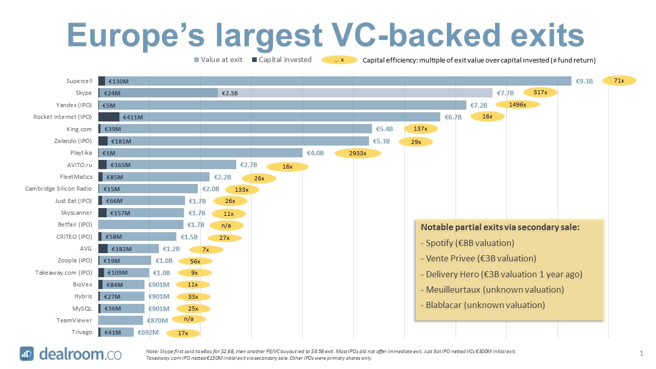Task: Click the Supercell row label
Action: click(x=79, y=81)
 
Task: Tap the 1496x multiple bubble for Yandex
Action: click(x=517, y=105)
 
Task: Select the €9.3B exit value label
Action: click(x=584, y=81)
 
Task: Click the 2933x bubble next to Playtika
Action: click(x=358, y=153)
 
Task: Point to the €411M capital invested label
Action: click(x=133, y=117)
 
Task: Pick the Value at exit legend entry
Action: click(x=218, y=59)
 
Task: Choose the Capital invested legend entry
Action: click(x=281, y=59)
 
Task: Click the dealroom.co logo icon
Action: click(x=27, y=354)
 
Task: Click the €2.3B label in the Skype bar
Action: click(x=229, y=93)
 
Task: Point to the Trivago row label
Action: click(x=82, y=332)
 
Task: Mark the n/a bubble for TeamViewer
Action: click(x=189, y=319)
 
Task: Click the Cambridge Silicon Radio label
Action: click(x=58, y=189)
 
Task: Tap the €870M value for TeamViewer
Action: click(x=157, y=320)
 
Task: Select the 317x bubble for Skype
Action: click(x=540, y=92)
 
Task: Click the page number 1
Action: click(x=641, y=353)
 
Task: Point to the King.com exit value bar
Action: click(x=236, y=129)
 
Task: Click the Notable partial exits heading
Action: click(x=500, y=227)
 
